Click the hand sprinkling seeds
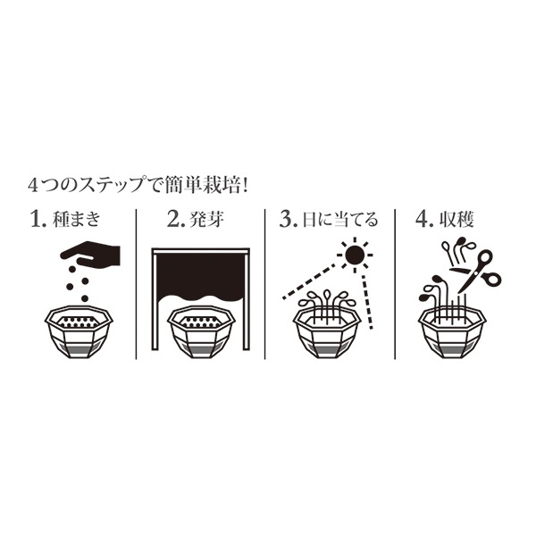(96, 254)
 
